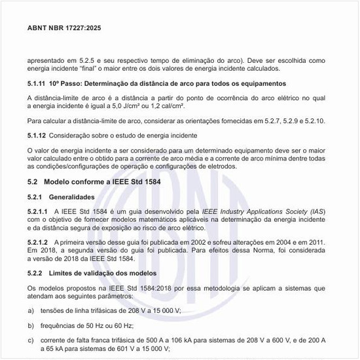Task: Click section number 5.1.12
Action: coord(38,136)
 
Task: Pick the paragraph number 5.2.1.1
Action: coord(40,211)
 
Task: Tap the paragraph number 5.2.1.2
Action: coord(40,242)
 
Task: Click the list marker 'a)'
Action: coord(31,310)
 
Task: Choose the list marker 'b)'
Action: coord(31,325)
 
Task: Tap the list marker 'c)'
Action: coord(31,340)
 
